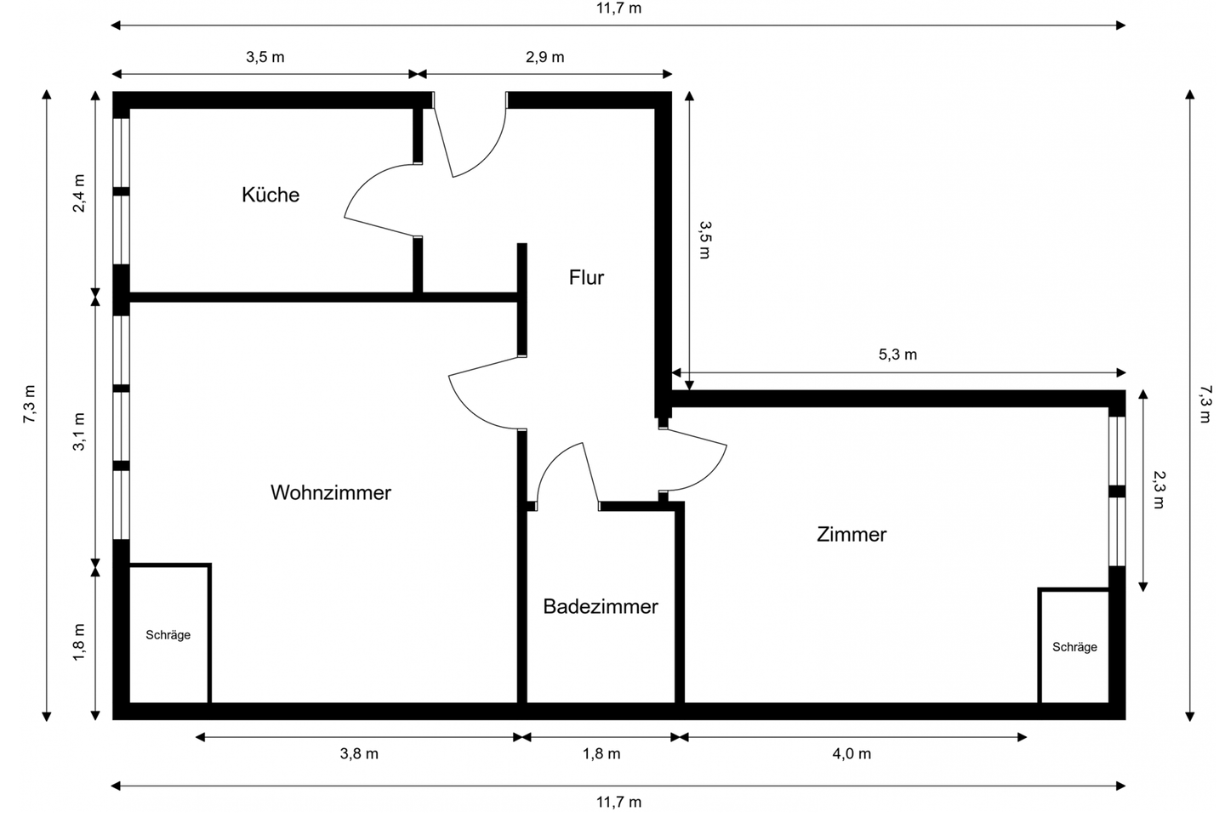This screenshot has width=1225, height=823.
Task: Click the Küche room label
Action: pyautogui.click(x=271, y=195)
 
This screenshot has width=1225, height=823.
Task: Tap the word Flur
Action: pyautogui.click(x=586, y=277)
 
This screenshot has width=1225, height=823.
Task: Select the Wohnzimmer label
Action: pyautogui.click(x=330, y=492)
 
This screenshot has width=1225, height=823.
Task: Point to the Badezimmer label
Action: pyautogui.click(x=601, y=606)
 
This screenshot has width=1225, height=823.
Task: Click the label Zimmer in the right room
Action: pyautogui.click(x=851, y=534)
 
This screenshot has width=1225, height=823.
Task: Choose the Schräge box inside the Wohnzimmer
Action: pyautogui.click(x=168, y=634)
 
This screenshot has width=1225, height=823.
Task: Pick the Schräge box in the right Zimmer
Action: pyautogui.click(x=1074, y=646)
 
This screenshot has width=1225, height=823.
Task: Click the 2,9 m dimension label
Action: pyautogui.click(x=544, y=57)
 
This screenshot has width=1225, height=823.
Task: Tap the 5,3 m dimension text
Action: pyautogui.click(x=897, y=355)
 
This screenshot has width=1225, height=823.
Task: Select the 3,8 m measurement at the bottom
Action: pyautogui.click(x=359, y=753)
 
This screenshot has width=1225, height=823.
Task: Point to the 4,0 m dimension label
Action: pyautogui.click(x=852, y=753)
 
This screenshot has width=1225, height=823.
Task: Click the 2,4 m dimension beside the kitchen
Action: pyautogui.click(x=79, y=194)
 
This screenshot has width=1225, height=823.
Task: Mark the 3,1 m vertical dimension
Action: pyautogui.click(x=79, y=430)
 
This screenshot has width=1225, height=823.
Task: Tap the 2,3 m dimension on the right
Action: pyautogui.click(x=1158, y=490)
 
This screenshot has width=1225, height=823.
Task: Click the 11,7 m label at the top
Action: pyautogui.click(x=618, y=9)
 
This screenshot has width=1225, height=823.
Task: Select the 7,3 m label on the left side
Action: pyautogui.click(x=30, y=405)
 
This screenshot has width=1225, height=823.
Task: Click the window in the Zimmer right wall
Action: pyautogui.click(x=1117, y=491)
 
